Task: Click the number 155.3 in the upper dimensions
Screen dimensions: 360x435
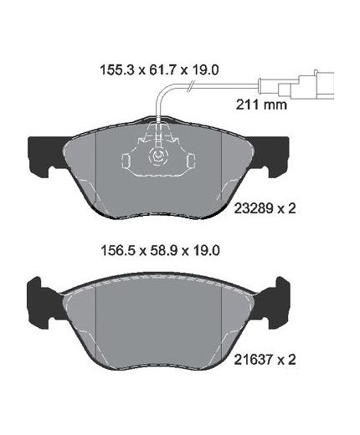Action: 118,70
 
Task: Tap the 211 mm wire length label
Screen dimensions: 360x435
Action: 261,105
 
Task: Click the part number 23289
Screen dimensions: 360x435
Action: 254,208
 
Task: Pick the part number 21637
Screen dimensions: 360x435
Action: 254,360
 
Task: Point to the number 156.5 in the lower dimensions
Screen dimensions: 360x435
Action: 119,250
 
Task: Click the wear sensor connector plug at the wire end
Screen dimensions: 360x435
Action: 306,85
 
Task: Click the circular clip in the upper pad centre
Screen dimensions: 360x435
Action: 157,156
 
